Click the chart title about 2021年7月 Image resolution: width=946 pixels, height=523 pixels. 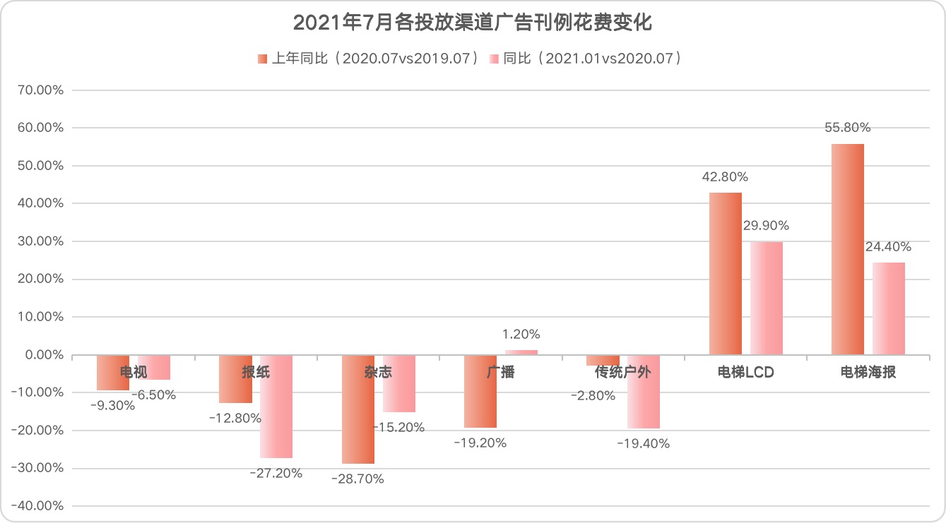pyautogui.click(x=472, y=24)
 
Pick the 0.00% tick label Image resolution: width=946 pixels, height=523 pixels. pyautogui.click(x=44, y=355)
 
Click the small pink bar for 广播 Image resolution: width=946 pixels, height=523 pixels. pyautogui.click(x=521, y=352)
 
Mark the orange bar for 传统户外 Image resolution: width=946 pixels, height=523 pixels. pyautogui.click(x=603, y=360)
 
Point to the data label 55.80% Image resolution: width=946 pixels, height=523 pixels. pyautogui.click(x=848, y=128)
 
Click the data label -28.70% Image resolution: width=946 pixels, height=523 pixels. pyautogui.click(x=357, y=479)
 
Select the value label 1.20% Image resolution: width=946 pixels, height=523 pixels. pyautogui.click(x=521, y=335)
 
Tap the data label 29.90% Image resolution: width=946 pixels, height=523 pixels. pyautogui.click(x=766, y=226)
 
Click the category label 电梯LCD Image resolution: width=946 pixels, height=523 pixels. pyautogui.click(x=745, y=373)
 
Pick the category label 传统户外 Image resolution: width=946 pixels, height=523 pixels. pyautogui.click(x=622, y=373)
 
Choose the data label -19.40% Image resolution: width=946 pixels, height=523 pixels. pyautogui.click(x=643, y=444)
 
